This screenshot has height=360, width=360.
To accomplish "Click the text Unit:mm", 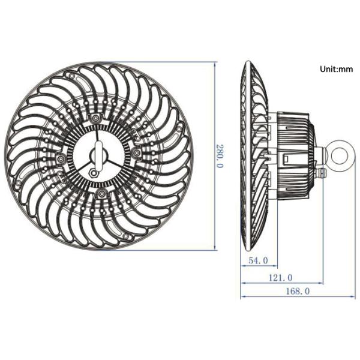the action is coord(337,69).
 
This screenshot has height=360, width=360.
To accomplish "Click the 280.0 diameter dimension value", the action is coord(219,156).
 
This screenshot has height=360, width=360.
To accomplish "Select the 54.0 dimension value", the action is coord(258,260).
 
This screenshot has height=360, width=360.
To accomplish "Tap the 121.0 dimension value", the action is coord(281,278).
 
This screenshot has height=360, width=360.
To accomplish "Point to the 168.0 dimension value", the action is coord(298,292).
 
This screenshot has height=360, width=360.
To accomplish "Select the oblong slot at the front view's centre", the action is coord(99,155).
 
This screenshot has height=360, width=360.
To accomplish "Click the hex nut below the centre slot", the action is coord(94,172).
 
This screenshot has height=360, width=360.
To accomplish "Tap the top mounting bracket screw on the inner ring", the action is coord(95,118).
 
